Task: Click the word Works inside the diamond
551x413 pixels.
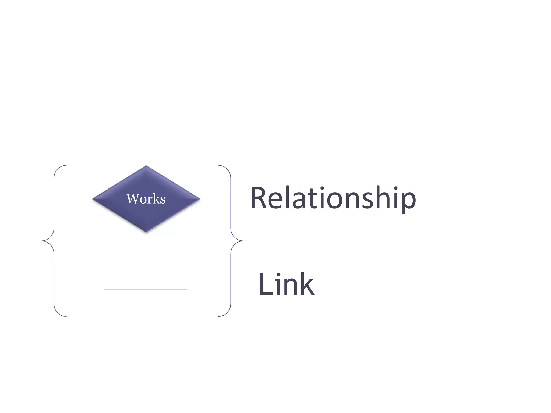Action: (146, 199)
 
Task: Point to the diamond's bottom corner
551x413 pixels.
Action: (146, 232)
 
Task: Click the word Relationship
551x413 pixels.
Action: (333, 198)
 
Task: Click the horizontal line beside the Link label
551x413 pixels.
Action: (146, 289)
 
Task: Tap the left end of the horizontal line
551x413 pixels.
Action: (105, 289)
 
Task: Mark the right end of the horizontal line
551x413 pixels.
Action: (187, 289)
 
